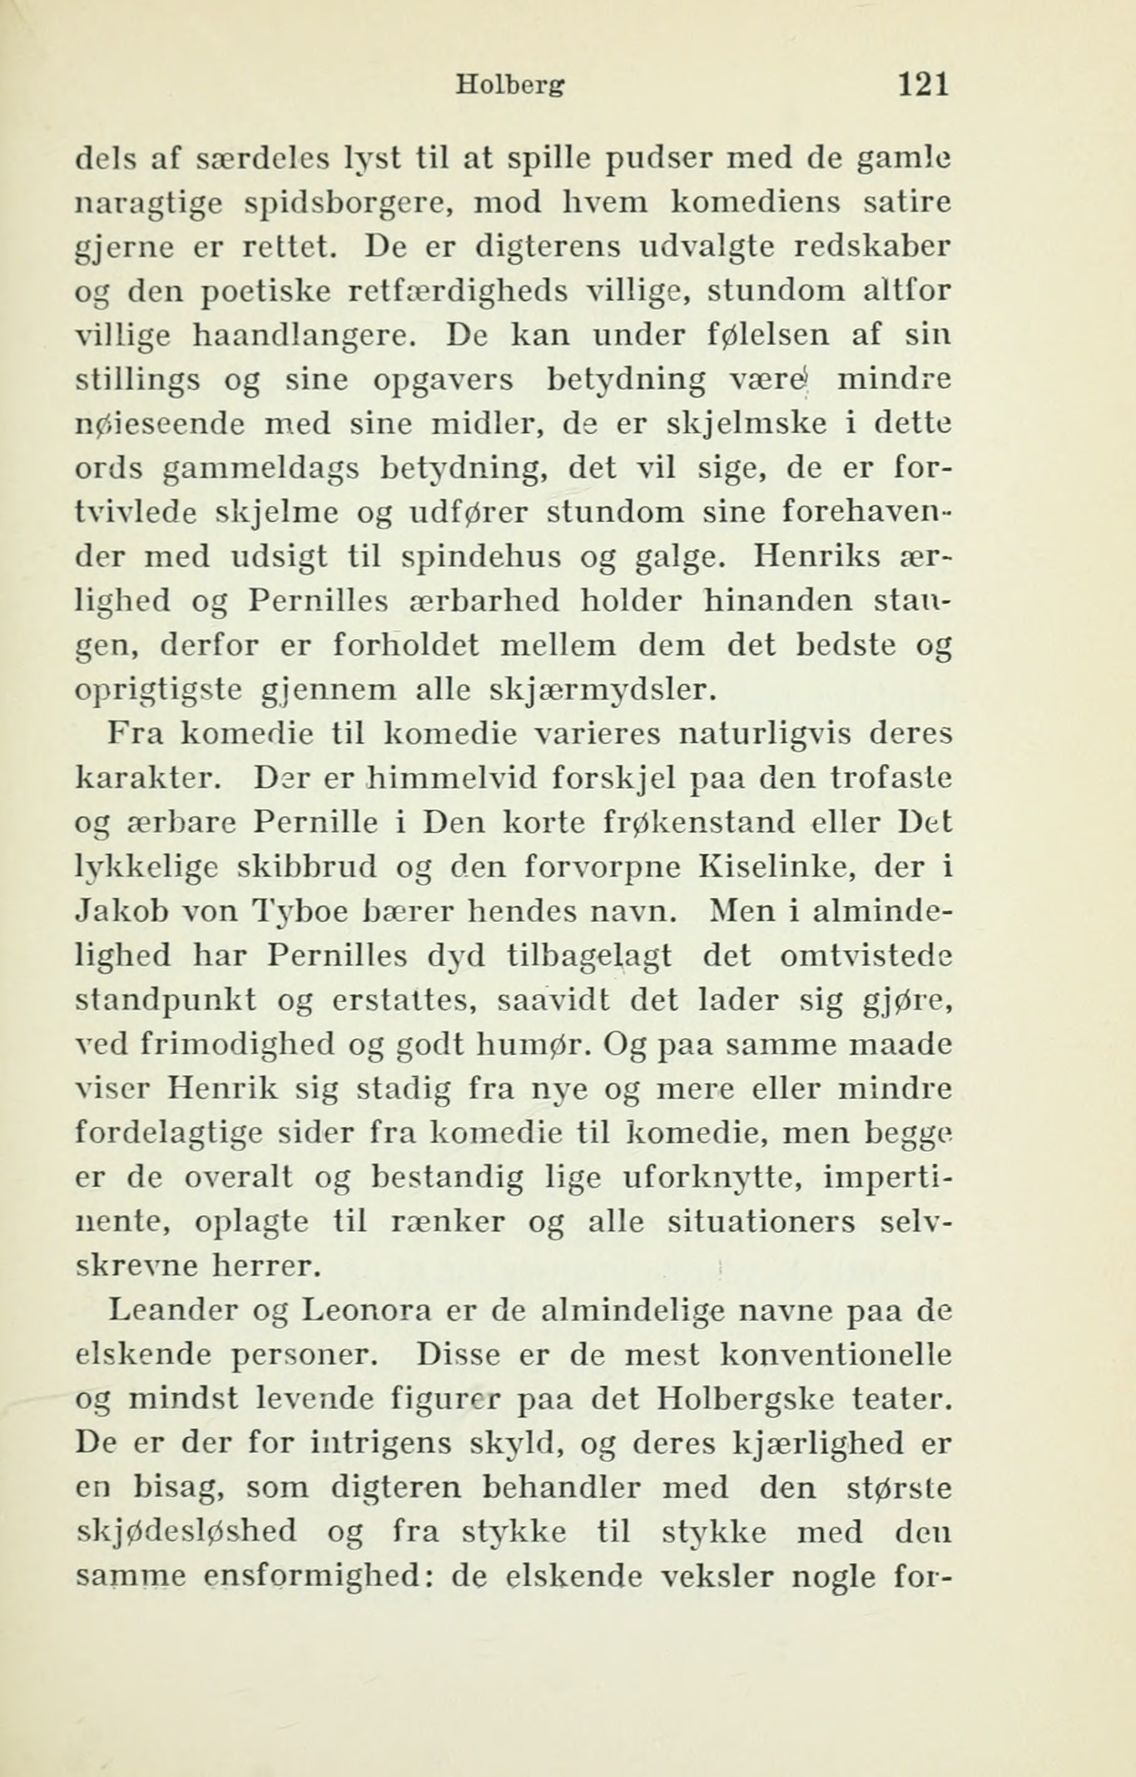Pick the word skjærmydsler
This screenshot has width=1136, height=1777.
pos(603,691)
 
